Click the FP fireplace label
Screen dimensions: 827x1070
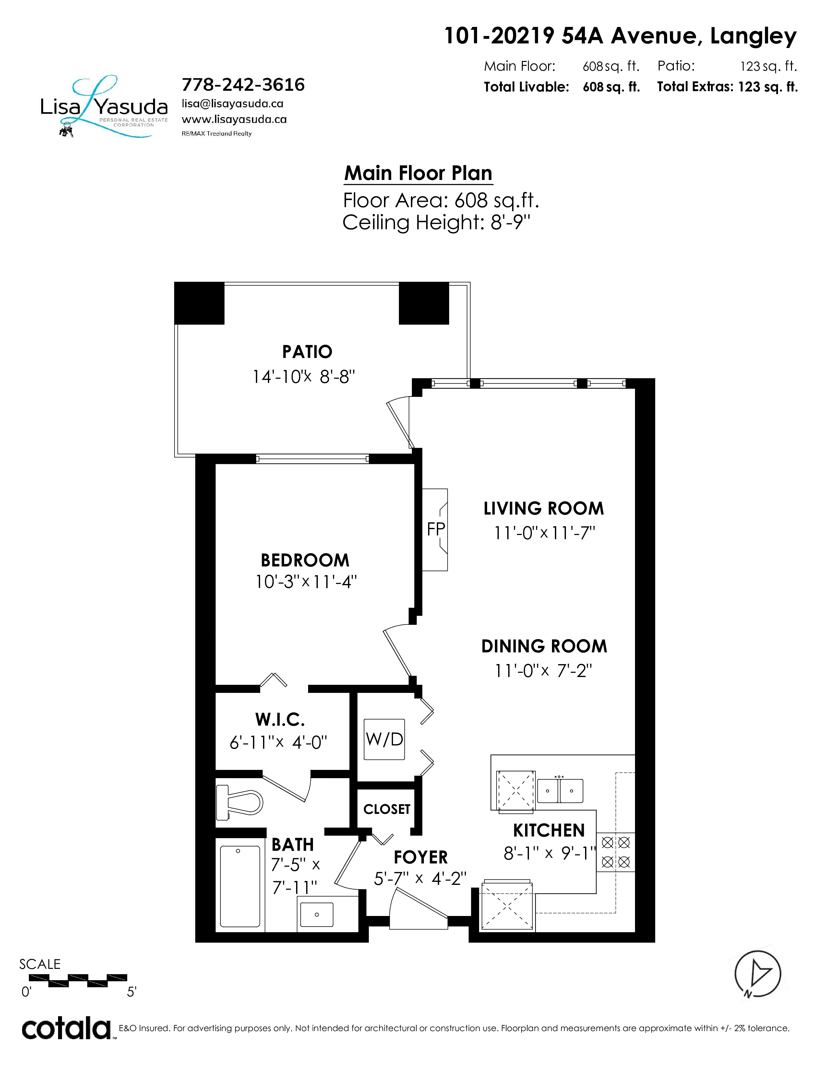(x=436, y=529)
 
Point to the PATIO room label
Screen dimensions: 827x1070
(x=307, y=352)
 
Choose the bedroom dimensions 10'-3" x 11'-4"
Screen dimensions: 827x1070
(x=306, y=582)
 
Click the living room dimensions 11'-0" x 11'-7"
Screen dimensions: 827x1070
(x=544, y=532)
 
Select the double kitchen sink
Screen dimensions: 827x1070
(x=560, y=790)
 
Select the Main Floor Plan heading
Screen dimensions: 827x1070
(x=418, y=173)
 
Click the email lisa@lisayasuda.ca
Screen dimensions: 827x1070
(x=233, y=104)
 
